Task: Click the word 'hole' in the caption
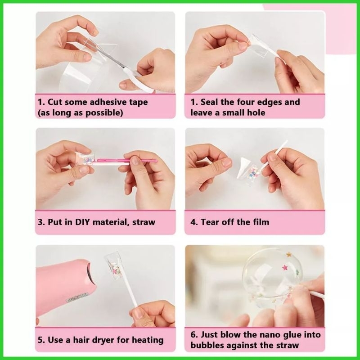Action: (x=256, y=112)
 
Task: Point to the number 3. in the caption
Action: (x=41, y=222)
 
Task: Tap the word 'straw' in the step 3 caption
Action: (x=144, y=222)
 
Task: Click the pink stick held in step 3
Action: (x=126, y=160)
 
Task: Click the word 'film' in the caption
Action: (x=260, y=222)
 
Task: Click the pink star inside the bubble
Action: (x=285, y=267)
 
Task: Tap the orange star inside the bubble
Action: (x=288, y=254)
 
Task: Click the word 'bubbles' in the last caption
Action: (x=206, y=345)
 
